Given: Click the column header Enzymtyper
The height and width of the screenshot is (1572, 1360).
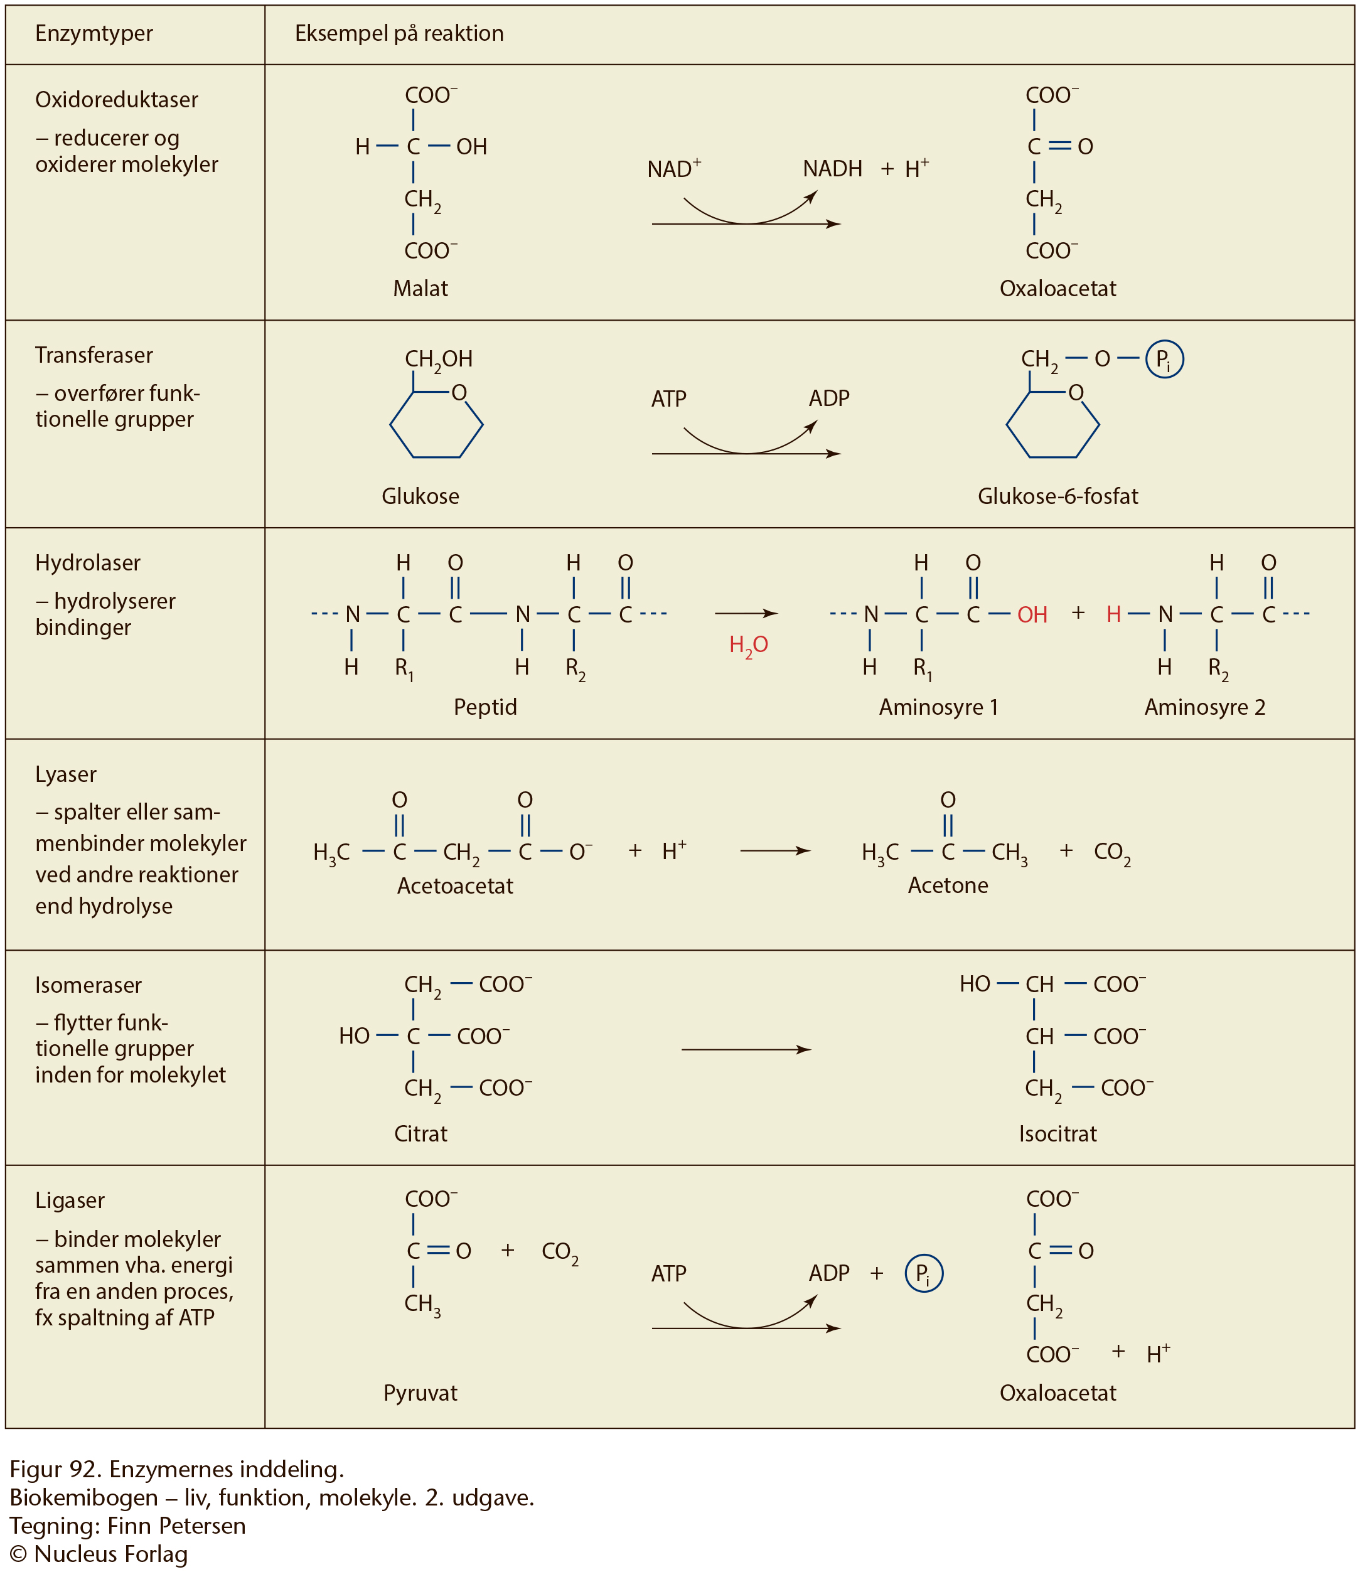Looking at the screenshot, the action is pyautogui.click(x=94, y=33).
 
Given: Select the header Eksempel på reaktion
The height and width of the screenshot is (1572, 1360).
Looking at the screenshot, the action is pyautogui.click(x=399, y=33).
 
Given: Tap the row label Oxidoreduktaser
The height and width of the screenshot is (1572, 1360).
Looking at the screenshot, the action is pyautogui.click(x=117, y=99).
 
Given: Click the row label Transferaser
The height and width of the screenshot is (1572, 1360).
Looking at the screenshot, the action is pyautogui.click(x=94, y=355).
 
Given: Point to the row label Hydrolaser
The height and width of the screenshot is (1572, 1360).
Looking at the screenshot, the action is pyautogui.click(x=88, y=563).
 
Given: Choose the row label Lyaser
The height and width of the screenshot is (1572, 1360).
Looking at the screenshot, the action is pyautogui.click(x=66, y=774).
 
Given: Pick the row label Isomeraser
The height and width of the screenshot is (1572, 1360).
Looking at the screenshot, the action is pyautogui.click(x=88, y=985).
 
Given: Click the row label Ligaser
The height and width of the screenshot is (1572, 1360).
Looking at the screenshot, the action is pyautogui.click(x=70, y=1201).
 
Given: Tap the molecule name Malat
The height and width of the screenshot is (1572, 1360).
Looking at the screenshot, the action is pyautogui.click(x=420, y=288).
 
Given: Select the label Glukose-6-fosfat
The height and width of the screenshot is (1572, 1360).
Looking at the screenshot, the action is pyautogui.click(x=1058, y=496).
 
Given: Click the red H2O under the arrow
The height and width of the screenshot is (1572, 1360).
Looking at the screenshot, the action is pyautogui.click(x=748, y=646).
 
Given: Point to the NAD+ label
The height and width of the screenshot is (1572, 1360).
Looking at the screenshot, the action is pyautogui.click(x=674, y=168).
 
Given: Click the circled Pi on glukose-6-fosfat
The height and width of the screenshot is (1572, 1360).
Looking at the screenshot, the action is pyautogui.click(x=1164, y=360).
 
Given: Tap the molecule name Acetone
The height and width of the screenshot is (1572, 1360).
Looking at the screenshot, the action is pyautogui.click(x=948, y=885).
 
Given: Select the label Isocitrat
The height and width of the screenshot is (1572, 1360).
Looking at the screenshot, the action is pyautogui.click(x=1058, y=1133).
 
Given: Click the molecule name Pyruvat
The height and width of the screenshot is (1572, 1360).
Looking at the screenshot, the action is pyautogui.click(x=420, y=1393).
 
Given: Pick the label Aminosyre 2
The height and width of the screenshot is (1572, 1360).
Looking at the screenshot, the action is pyautogui.click(x=1205, y=707).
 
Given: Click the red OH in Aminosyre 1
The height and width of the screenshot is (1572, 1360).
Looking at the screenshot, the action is pyautogui.click(x=1032, y=614).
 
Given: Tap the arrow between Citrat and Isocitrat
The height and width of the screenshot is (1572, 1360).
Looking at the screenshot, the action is pyautogui.click(x=747, y=1050).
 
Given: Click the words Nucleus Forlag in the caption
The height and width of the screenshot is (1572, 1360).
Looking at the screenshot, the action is pyautogui.click(x=111, y=1554).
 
